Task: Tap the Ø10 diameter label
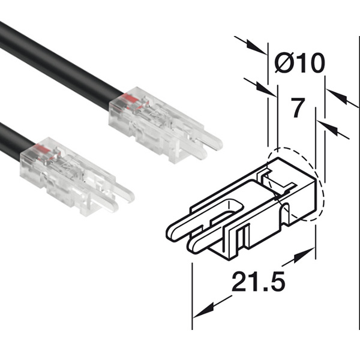coord(299,62)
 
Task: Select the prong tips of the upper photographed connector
coord(213,144)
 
